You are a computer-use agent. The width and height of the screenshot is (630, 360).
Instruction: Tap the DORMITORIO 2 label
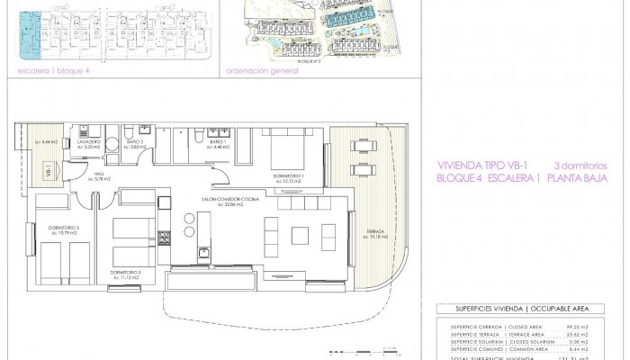pyautogui.click(x=126, y=271)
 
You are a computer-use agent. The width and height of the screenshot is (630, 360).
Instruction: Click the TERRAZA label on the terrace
pyautogui.click(x=375, y=232)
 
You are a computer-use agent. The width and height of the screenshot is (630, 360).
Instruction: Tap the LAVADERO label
pyautogui.click(x=88, y=142)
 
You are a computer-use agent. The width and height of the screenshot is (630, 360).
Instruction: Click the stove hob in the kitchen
pyautogui.click(x=165, y=238)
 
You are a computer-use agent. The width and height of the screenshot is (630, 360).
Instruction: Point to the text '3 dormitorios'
pyautogui.click(x=581, y=166)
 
